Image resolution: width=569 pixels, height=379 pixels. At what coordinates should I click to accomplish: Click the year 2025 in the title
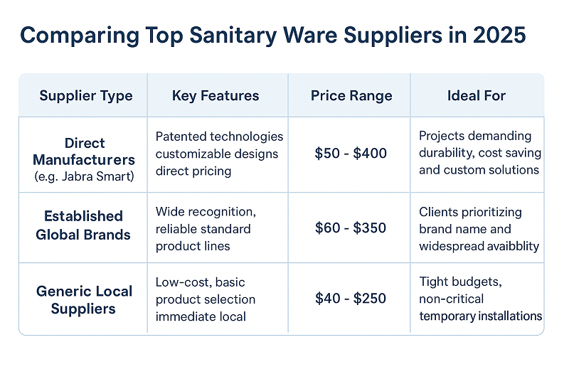tap(498, 36)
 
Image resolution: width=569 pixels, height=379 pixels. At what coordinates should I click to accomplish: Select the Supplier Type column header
tap(86, 96)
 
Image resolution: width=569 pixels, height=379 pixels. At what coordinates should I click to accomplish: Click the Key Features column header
tap(216, 96)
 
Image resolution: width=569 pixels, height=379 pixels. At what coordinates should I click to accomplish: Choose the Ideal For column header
tap(476, 96)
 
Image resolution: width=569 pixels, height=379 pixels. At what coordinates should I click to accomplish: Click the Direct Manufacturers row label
tap(84, 151)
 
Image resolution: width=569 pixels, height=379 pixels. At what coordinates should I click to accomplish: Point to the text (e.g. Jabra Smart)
tap(84, 176)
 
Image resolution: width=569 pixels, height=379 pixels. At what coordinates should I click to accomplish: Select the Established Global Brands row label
tap(84, 225)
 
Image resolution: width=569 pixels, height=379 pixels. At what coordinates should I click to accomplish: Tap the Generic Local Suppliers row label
tap(84, 299)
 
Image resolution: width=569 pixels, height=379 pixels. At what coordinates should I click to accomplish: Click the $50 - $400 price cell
tap(350, 154)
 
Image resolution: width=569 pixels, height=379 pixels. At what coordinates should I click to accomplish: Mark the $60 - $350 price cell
tap(350, 228)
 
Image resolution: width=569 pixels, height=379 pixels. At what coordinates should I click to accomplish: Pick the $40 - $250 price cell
tap(350, 299)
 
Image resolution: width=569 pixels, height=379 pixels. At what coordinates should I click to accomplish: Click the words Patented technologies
tap(219, 137)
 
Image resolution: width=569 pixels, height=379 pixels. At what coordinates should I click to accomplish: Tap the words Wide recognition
tap(205, 213)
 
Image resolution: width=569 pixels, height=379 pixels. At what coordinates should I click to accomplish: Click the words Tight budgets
tap(460, 282)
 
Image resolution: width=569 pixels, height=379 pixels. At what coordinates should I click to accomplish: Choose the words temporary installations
tap(480, 316)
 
